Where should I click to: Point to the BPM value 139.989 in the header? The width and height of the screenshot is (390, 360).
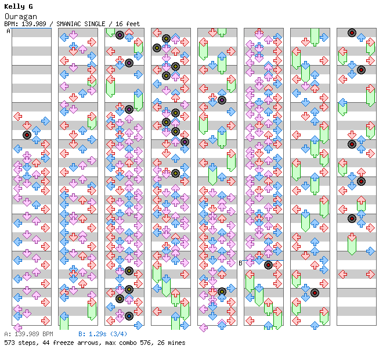37,24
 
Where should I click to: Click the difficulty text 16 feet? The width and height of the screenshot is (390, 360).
127,24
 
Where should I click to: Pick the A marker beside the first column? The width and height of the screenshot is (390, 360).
9,31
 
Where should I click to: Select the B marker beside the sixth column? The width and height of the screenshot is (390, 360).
240,263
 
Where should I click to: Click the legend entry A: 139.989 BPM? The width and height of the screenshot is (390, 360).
28,334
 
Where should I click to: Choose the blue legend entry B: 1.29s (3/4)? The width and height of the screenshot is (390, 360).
103,334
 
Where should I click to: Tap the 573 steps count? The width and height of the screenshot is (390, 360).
17,343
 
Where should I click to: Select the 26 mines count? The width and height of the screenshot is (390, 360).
170,343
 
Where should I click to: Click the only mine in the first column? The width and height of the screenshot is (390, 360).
27,135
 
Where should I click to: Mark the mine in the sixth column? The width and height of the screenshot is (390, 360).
268,265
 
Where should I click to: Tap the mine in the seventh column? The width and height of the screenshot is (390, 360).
315,293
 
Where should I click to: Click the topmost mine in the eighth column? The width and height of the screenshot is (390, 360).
352,33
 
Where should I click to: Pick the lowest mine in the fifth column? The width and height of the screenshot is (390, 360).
222,291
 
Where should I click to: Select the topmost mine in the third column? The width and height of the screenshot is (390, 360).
120,35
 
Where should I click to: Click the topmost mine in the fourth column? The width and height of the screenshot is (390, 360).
166,38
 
